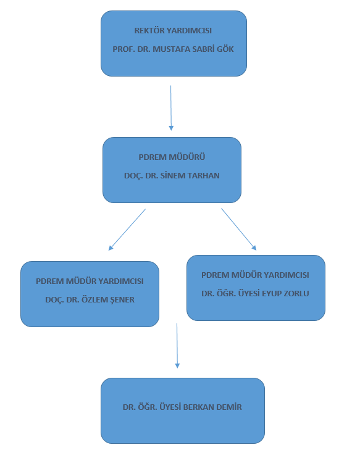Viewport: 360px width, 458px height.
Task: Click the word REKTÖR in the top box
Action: pos(146,30)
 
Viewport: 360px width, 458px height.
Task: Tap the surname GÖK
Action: pos(225,49)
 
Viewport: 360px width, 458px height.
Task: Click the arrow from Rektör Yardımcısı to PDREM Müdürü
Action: pos(171,108)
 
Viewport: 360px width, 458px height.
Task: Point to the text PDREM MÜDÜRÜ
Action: pos(172,157)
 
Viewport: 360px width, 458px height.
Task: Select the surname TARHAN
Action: pos(203,175)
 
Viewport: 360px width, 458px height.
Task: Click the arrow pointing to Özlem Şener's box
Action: pos(127,230)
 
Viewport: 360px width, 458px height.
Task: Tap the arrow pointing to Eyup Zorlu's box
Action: pos(239,229)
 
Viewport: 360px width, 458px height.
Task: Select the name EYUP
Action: pos(271,294)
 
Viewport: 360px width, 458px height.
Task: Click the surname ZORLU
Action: pos(296,294)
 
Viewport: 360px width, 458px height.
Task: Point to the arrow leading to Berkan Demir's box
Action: pos(177,346)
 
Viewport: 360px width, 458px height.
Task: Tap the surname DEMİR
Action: pos(229,407)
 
